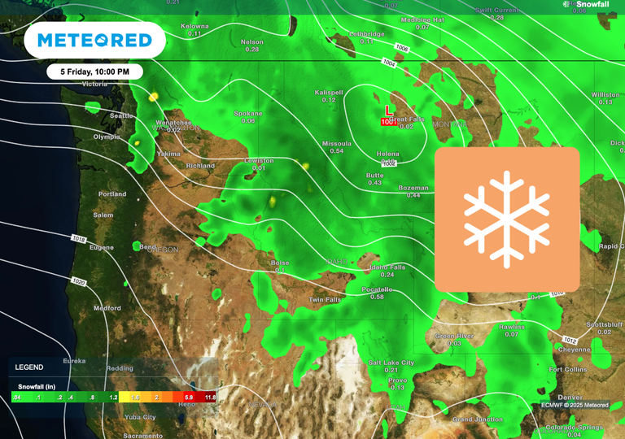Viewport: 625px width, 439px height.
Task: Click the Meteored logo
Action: tap(94, 41)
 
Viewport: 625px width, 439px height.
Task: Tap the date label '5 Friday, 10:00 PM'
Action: tap(94, 72)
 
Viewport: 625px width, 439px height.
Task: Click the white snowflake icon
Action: tap(506, 219)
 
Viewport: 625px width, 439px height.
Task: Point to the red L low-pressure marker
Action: tap(388, 110)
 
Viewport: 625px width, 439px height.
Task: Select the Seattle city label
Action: tap(122, 115)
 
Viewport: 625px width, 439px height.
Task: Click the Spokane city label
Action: tap(248, 113)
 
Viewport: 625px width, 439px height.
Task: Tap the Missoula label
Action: tap(336, 143)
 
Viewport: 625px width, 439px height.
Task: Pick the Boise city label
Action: tap(280, 263)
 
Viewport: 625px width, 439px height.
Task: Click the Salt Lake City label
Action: tap(391, 362)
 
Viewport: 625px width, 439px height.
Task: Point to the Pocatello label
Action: tap(377, 289)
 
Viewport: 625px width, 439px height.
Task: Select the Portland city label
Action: tap(112, 194)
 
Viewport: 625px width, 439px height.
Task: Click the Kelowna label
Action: tap(195, 26)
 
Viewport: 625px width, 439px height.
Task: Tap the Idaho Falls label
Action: tap(387, 267)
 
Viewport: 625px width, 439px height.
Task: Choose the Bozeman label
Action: tap(413, 188)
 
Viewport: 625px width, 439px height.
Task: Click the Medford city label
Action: tap(107, 308)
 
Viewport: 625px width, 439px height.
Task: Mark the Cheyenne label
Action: tap(575, 349)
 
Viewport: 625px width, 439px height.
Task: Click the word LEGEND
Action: tap(29, 367)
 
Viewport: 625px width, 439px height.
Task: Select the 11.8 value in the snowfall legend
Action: tap(210, 397)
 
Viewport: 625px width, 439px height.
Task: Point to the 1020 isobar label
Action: tap(79, 281)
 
